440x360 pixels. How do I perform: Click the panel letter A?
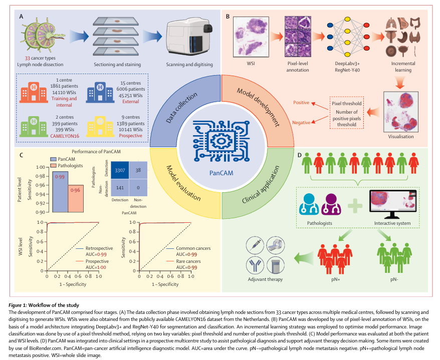pos(22,17)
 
